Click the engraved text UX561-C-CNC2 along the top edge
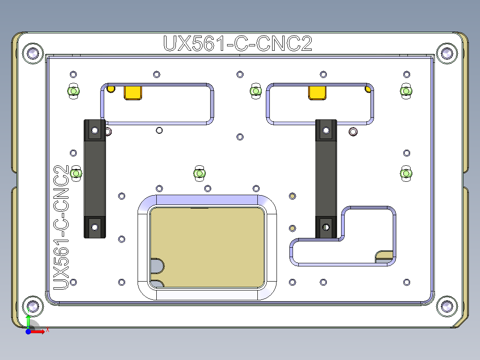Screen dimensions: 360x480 click(x=238, y=44)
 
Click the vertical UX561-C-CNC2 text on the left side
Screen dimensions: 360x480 click(x=61, y=227)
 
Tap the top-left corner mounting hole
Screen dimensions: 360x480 click(x=33, y=53)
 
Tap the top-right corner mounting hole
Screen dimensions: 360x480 click(x=447, y=53)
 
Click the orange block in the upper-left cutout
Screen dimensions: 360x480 click(x=133, y=92)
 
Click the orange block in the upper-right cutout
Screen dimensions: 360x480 click(x=317, y=92)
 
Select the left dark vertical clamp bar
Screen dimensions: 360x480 click(x=94, y=178)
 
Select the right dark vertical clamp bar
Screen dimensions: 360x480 click(x=325, y=178)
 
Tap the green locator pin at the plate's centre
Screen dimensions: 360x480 click(x=199, y=173)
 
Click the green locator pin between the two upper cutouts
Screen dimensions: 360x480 click(x=255, y=91)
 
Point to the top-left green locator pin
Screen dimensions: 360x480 click(x=73, y=91)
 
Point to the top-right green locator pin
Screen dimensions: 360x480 click(x=406, y=91)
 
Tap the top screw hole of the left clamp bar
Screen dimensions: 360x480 click(x=94, y=131)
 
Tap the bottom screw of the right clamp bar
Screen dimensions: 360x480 click(x=325, y=226)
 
